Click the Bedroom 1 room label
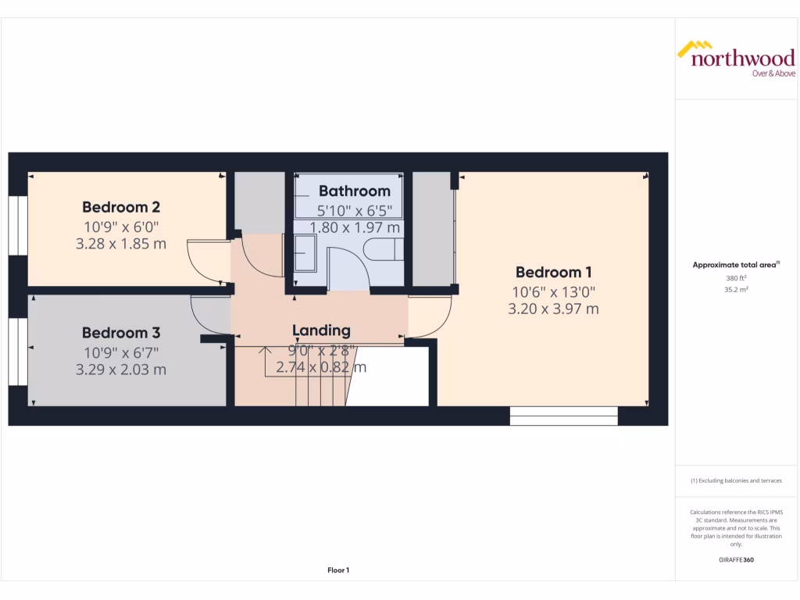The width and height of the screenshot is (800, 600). (553, 273)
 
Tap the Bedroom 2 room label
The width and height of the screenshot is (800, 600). (121, 207)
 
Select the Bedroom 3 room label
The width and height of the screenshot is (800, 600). (121, 333)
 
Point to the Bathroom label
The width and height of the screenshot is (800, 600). (354, 191)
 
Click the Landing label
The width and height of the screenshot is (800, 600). (321, 330)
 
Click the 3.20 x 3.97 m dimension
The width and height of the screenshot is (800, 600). (553, 309)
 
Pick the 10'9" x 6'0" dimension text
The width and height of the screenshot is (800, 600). (121, 227)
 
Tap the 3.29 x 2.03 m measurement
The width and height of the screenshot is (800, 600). (121, 370)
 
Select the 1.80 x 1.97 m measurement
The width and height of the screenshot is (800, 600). (355, 227)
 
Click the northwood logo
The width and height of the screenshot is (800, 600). (735, 59)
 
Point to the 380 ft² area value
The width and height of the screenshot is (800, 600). (736, 278)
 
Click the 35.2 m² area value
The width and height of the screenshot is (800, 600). (736, 289)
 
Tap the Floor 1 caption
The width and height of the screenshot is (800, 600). (338, 570)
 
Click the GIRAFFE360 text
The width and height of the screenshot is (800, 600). (736, 560)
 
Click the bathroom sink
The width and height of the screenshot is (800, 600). (305, 252)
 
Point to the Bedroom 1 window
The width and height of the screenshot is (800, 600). (563, 416)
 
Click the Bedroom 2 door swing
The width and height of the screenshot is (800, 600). (209, 261)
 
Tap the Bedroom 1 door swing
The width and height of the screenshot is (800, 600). (428, 317)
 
